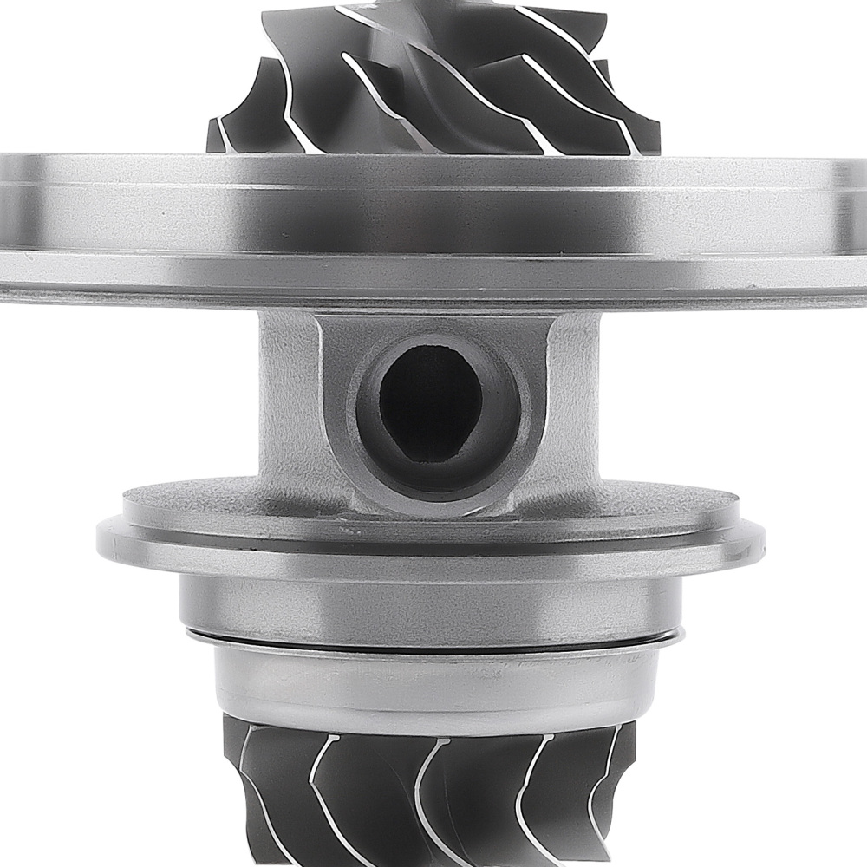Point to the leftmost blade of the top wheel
227,130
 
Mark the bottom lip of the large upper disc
433,290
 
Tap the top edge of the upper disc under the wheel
433,159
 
